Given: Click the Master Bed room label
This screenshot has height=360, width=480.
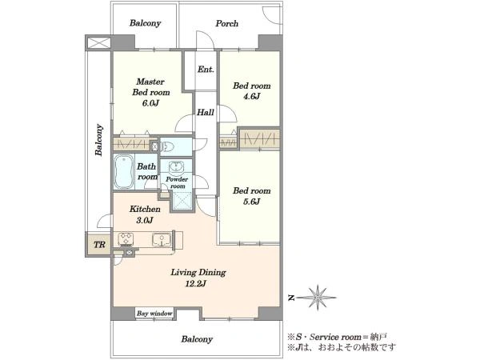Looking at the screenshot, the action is (x=151, y=87).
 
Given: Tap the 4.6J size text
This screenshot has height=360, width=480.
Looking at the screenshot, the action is (x=251, y=97).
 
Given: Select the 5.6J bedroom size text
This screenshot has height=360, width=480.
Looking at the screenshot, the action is (x=251, y=202).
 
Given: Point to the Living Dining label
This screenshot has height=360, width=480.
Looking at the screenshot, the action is (x=198, y=272).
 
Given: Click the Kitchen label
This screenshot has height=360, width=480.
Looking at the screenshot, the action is (x=145, y=209).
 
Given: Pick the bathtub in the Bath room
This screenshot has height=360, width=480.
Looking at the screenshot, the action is (x=124, y=171).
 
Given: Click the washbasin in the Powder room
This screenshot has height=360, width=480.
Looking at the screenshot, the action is (x=176, y=167).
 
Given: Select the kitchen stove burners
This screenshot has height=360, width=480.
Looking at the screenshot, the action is (x=126, y=239).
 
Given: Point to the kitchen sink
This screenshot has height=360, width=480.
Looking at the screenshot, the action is (x=162, y=239).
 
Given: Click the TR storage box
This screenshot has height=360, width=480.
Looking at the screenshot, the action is (x=99, y=245).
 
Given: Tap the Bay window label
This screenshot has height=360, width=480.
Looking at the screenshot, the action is (x=154, y=313).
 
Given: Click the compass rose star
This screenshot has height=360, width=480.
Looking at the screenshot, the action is (x=318, y=298).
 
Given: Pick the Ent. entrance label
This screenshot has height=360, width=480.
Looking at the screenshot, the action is (x=206, y=70).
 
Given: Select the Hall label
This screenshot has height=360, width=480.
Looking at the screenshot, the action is (x=206, y=112).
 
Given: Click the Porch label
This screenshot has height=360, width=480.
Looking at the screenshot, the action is (x=227, y=23).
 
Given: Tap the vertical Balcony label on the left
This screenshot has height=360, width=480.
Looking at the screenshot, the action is (x=98, y=140).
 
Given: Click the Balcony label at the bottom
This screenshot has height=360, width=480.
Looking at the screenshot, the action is (x=197, y=339).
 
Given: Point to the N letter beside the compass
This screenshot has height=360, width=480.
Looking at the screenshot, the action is (x=291, y=298).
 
